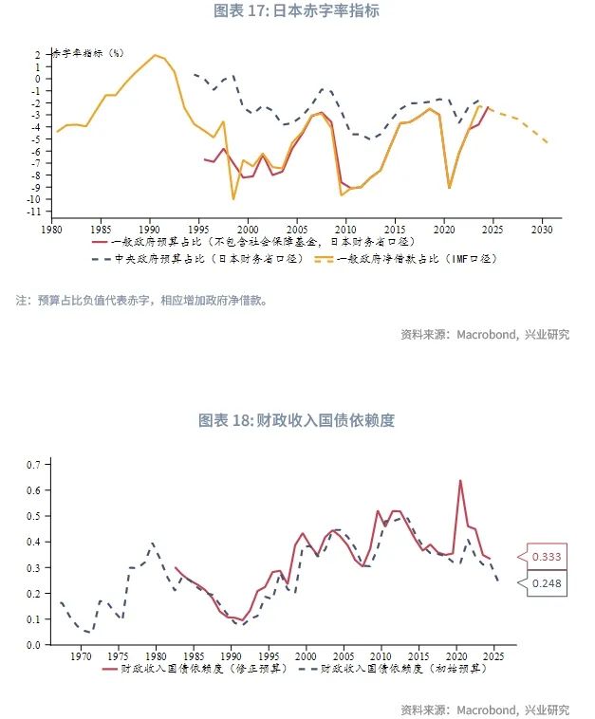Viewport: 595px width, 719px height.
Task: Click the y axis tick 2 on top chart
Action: click(39, 54)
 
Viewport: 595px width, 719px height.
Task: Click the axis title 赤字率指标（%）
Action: click(86, 53)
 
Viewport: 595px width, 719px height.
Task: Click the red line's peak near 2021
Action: click(460, 480)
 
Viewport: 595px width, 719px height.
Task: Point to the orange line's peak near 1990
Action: click(156, 55)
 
